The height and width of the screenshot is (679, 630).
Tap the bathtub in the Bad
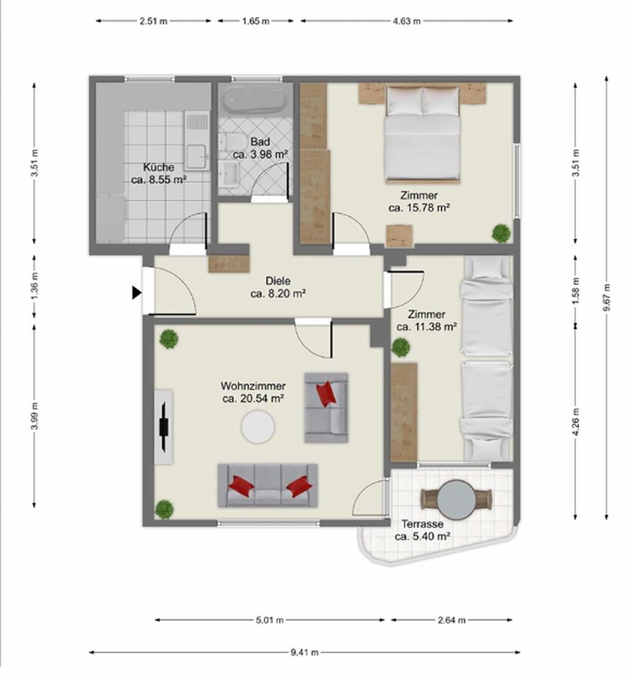(x=252, y=100)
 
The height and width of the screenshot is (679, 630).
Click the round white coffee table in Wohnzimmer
(x=258, y=426)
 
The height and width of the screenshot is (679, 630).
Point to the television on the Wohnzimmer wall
(x=164, y=426)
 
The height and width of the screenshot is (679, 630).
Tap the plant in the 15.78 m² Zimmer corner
(x=501, y=233)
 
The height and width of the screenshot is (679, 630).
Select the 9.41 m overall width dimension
(x=305, y=652)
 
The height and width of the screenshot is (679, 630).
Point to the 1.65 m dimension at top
(x=255, y=21)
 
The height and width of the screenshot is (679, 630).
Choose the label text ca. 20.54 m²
(x=253, y=399)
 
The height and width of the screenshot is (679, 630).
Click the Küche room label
(x=158, y=168)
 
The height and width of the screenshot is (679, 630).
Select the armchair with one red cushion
(x=326, y=407)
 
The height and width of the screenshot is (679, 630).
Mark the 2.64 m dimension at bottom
(x=452, y=620)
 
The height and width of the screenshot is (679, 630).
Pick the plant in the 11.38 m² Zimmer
(x=401, y=347)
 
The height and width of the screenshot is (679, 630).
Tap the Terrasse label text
(x=422, y=525)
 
